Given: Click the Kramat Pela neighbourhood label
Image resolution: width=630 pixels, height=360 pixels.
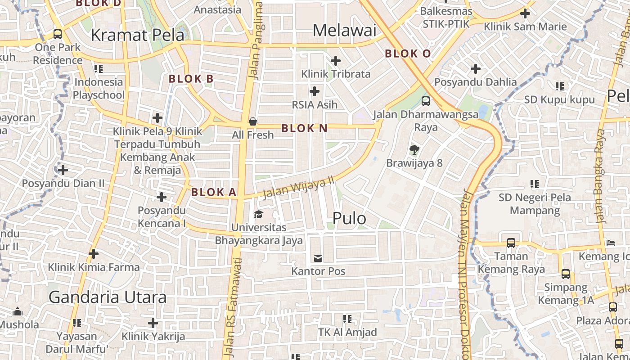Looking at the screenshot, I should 138,35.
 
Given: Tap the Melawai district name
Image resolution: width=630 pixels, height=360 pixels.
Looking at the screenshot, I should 344,31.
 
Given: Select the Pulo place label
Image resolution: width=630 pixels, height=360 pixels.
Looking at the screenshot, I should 349,218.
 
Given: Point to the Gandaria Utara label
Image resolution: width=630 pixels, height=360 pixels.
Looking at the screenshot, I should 108,297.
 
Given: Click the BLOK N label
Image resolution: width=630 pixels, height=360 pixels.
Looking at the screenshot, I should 304,128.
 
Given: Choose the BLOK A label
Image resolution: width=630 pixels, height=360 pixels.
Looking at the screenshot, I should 214,193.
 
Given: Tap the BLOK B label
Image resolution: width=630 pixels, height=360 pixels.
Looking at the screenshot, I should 191,79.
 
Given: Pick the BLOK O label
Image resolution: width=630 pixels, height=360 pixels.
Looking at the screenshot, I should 408,54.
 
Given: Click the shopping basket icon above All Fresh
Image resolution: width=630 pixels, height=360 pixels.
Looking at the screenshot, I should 253,121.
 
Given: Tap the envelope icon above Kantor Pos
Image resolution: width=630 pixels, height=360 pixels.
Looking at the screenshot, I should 318,258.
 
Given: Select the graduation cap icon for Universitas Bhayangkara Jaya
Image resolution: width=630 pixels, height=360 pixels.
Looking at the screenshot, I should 258,214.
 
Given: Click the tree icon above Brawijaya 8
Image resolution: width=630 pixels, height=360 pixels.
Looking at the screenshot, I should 414,149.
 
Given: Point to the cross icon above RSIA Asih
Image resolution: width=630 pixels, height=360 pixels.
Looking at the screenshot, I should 315,91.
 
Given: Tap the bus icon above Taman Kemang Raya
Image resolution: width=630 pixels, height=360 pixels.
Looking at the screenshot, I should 511,243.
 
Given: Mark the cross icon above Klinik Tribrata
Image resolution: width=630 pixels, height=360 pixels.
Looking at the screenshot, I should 336,60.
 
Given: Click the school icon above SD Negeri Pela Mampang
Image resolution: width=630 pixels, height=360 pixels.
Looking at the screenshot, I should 535,184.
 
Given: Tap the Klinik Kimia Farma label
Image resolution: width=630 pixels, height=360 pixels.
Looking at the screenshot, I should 94,267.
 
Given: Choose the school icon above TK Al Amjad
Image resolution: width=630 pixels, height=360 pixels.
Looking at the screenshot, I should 347,319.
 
